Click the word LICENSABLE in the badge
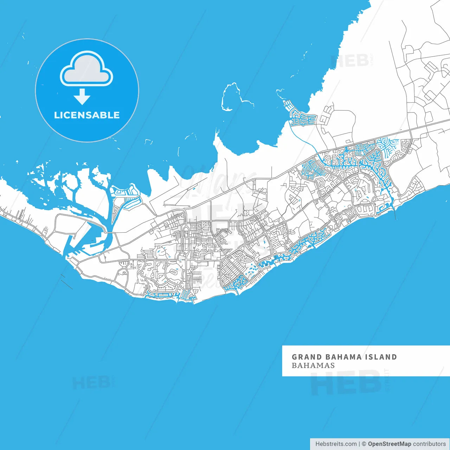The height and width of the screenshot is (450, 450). click(x=87, y=115)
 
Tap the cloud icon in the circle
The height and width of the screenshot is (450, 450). click(x=86, y=69)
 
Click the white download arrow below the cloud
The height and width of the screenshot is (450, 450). click(x=82, y=97)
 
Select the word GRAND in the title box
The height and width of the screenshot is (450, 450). click(x=307, y=357)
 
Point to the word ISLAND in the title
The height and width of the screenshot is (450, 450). click(x=381, y=357)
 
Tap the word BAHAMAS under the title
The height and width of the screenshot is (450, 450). click(x=313, y=366)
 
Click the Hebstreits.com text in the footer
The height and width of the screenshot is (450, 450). click(x=336, y=444)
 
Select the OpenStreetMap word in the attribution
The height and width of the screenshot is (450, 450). click(x=390, y=444)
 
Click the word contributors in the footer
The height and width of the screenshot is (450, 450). click(x=429, y=444)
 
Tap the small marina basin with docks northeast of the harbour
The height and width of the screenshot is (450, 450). click(x=127, y=192)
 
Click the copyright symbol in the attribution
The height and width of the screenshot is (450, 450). click(x=364, y=444)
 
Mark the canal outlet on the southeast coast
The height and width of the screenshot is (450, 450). click(x=393, y=207)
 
